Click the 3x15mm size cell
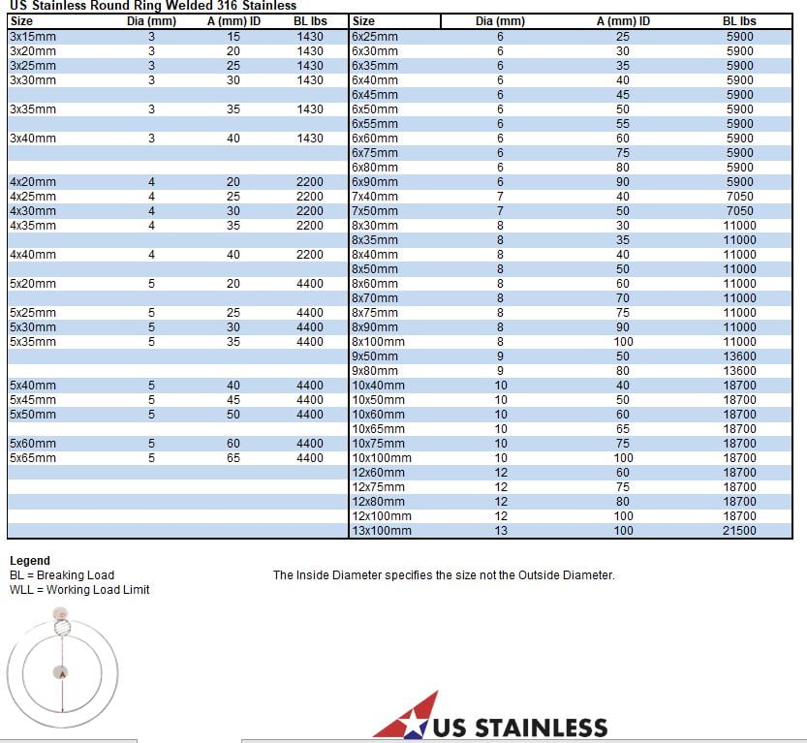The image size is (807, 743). click(33, 37)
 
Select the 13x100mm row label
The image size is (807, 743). click(381, 531)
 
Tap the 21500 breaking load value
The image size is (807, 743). click(739, 531)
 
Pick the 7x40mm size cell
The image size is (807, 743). click(375, 197)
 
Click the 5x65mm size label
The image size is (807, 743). click(33, 458)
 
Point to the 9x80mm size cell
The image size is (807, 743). click(375, 371)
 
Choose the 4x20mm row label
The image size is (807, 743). click(33, 182)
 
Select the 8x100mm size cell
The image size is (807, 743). click(378, 342)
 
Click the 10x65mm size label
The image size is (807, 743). click(378, 429)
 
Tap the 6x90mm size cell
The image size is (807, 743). click(375, 182)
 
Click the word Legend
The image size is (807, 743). click(30, 561)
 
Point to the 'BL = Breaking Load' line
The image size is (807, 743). click(62, 575)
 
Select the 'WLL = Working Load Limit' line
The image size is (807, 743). click(79, 590)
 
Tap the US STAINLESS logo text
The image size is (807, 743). click(520, 728)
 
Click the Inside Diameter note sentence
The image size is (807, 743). click(444, 575)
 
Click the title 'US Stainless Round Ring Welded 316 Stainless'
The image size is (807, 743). click(152, 6)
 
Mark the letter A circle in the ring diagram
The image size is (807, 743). click(62, 673)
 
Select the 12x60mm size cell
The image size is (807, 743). click(378, 473)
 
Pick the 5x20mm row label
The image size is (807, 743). click(33, 284)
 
